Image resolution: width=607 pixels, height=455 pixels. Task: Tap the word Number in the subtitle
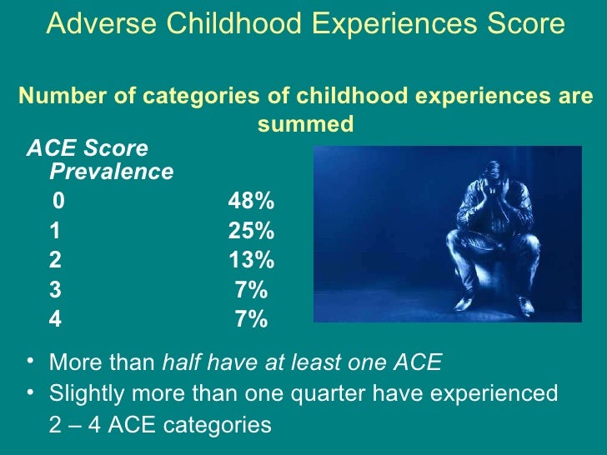pyautogui.click(x=62, y=97)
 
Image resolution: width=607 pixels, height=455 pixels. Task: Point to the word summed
pyautogui.click(x=305, y=124)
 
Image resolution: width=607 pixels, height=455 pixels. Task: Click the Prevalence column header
pyautogui.click(x=112, y=172)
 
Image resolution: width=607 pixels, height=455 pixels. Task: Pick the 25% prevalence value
pyautogui.click(x=251, y=231)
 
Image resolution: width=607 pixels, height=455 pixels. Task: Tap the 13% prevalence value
pyautogui.click(x=251, y=261)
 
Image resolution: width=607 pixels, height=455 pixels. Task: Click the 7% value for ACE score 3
pyautogui.click(x=251, y=290)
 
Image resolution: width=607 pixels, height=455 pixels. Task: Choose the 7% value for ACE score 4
pyautogui.click(x=251, y=320)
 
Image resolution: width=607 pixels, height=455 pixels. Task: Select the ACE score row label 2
pyautogui.click(x=55, y=261)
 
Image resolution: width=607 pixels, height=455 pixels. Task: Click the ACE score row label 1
pyautogui.click(x=55, y=231)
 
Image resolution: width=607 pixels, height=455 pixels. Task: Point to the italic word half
pyautogui.click(x=180, y=363)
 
